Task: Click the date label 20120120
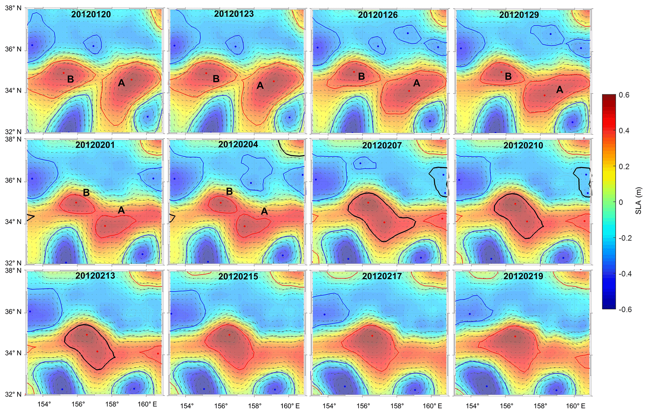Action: coord(91,14)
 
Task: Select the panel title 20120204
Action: coord(238,145)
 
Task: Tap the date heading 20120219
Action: coord(523,276)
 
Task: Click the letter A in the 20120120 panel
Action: coord(121,83)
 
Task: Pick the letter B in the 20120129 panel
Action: coord(508,76)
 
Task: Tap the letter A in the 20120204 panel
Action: coord(264,212)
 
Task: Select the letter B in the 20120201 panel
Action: coord(86,193)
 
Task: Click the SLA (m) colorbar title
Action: coord(639,201)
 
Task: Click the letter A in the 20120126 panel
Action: coord(416,83)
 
